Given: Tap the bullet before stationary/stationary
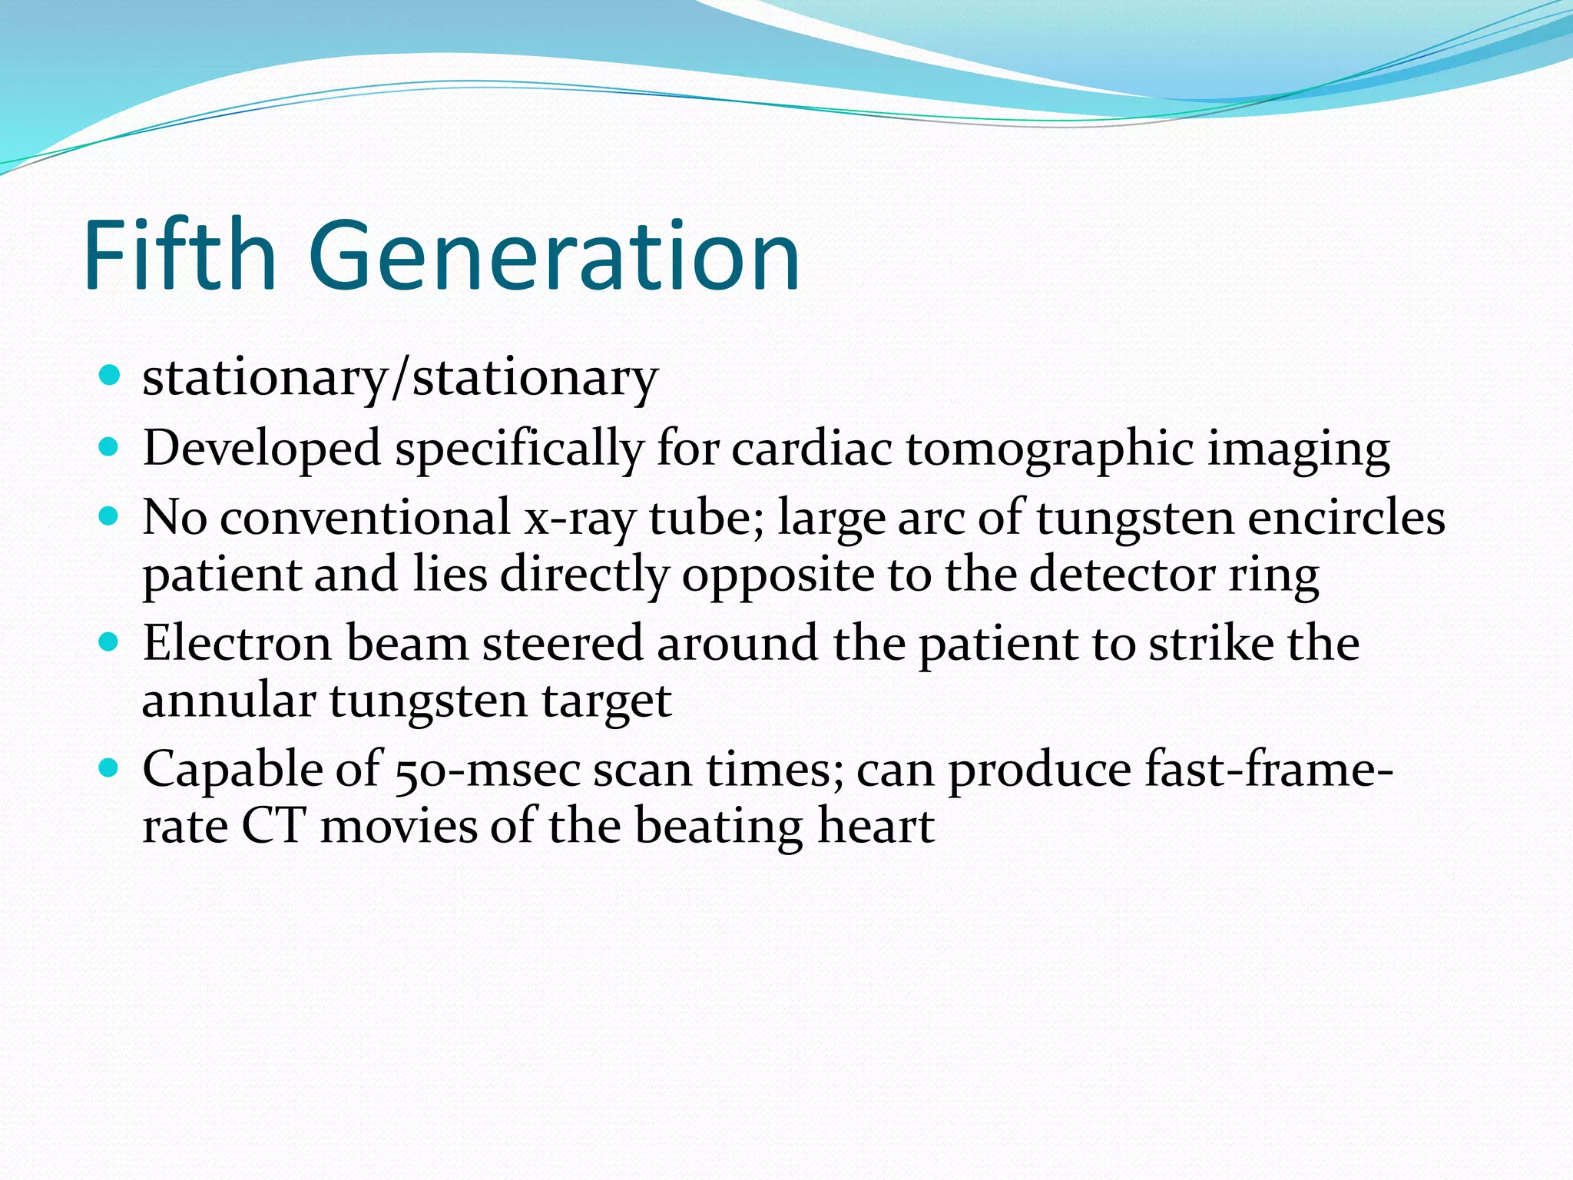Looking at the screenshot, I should (x=110, y=376).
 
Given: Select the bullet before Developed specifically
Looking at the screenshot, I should (x=110, y=446).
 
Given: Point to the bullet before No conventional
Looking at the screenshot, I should (x=110, y=515).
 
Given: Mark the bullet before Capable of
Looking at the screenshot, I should (x=110, y=767).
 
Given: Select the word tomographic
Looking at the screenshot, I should (x=1049, y=449).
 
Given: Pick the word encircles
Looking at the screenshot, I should (x=1346, y=517).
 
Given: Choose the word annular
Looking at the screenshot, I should (x=229, y=701).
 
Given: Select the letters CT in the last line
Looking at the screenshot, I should (x=273, y=827).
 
